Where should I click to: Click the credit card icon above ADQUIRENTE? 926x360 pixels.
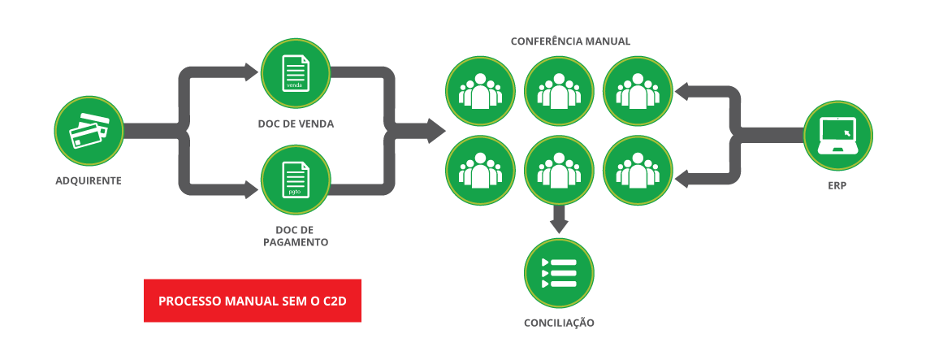tap(89, 130)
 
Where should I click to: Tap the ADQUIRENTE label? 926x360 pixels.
tap(89, 180)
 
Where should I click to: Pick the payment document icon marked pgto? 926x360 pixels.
tap(296, 180)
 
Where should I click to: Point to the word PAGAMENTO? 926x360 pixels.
tap(296, 242)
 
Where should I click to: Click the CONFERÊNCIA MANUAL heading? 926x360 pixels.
tap(570, 41)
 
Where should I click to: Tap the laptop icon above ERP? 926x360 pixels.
tap(837, 135)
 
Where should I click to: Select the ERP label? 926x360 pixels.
tap(837, 184)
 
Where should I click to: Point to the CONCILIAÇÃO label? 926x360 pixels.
tap(559, 323)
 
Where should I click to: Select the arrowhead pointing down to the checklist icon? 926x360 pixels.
tap(559, 225)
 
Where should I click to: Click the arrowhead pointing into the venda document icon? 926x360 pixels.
tap(250, 72)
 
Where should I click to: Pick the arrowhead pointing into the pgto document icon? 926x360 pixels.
tap(250, 191)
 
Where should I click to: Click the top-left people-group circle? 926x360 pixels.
tap(480, 90)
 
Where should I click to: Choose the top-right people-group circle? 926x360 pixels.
tap(638, 90)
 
